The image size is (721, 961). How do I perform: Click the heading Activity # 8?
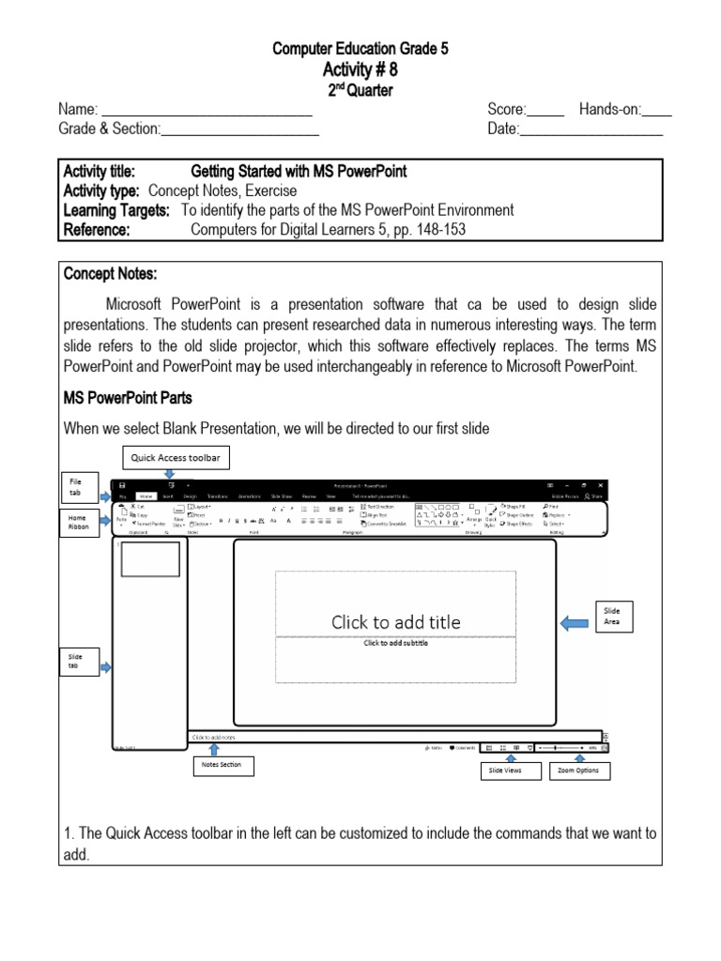pos(360,70)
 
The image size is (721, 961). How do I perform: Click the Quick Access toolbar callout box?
pos(169,458)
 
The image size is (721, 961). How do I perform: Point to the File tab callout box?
pos(76,487)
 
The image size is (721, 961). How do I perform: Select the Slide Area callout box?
pos(612,616)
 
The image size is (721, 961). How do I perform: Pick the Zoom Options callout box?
pos(579,771)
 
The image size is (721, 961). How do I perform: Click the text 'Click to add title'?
pos(395,621)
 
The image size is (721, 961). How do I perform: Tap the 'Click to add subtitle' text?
pos(395,643)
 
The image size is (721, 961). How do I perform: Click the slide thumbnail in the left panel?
pos(149,558)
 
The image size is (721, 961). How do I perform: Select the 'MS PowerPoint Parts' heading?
pos(129,398)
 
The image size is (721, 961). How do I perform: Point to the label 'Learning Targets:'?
pos(116,210)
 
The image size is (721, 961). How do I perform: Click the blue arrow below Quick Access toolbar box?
pos(170,474)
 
